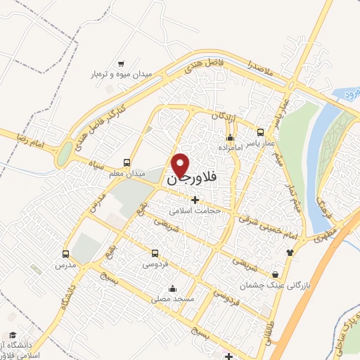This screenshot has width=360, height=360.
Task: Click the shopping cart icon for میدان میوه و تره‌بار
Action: coord(121,63)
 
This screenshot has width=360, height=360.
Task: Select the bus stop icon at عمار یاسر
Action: coord(261,131)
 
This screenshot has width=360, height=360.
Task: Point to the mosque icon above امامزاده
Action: coord(229,137)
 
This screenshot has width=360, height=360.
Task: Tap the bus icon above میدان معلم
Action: coord(127,161)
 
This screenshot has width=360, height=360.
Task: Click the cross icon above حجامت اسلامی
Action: coord(195,200)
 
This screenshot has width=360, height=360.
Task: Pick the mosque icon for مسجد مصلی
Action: coord(172,288)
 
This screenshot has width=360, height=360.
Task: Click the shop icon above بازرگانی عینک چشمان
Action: coord(275,274)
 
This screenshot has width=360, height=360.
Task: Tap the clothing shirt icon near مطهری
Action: coord(289,252)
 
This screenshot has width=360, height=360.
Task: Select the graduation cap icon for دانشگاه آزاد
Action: coord(13,335)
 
